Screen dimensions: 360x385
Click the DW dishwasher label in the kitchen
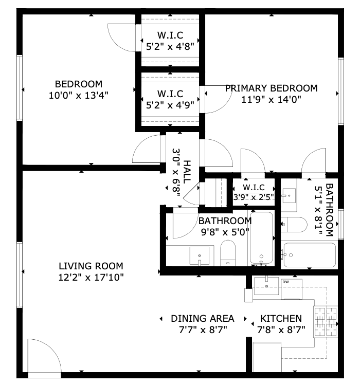[285, 282]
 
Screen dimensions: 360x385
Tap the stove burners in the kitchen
[326, 322]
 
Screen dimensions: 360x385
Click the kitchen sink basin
[266, 286]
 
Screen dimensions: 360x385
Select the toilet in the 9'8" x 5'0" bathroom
[228, 253]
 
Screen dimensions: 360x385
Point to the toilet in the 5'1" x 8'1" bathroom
[294, 225]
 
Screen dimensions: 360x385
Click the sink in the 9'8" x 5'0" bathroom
[200, 256]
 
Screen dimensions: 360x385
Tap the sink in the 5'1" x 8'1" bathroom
[289, 195]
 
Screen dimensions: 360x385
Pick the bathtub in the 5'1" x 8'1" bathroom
[310, 255]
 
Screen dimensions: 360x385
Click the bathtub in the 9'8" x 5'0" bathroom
[261, 237]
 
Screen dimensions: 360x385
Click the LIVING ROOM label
[91, 266]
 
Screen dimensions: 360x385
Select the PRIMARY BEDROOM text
[272, 88]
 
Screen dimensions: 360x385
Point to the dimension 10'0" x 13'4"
[79, 95]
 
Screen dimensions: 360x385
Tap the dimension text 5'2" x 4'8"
[170, 46]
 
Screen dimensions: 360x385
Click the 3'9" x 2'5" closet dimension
[254, 197]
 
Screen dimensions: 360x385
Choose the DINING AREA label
[203, 319]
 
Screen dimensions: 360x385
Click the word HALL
[187, 172]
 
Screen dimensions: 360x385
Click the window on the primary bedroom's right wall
[340, 91]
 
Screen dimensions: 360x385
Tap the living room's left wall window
[20, 274]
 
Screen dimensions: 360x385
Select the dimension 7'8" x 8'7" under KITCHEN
[281, 329]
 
